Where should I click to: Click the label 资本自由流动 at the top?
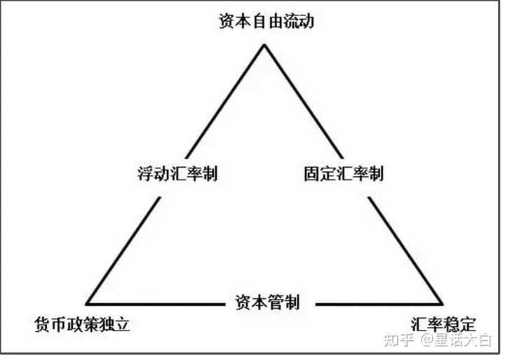point(263,21)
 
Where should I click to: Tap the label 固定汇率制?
point(344,173)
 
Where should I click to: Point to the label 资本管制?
point(264,303)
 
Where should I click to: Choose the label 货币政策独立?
point(83,325)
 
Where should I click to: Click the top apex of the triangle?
point(264,46)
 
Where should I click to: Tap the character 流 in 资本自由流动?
point(286,21)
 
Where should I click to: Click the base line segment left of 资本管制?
point(154,304)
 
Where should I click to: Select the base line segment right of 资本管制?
point(379,304)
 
